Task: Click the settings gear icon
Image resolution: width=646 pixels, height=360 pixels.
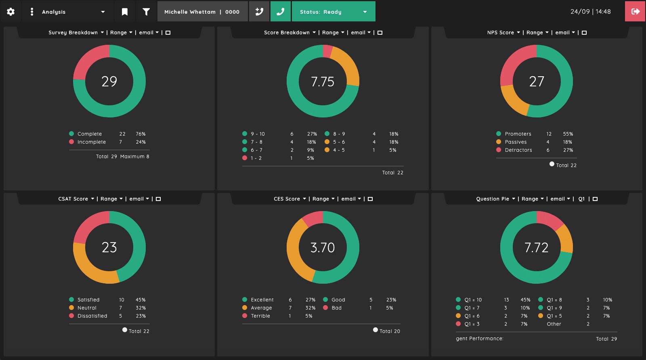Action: (10, 12)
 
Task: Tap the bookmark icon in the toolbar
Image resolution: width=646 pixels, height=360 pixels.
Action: (125, 12)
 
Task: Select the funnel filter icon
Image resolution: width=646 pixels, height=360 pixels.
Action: (146, 12)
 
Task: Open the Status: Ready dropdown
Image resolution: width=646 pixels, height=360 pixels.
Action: (333, 12)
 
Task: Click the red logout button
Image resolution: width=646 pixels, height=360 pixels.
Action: (635, 12)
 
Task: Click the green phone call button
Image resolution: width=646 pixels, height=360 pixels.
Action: (280, 12)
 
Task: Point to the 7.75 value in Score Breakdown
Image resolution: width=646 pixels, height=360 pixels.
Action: (323, 82)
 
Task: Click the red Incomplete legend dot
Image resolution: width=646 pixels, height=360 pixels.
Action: (71, 142)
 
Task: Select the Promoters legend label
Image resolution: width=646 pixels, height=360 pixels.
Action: (518, 134)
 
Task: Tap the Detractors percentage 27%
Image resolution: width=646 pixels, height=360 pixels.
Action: (568, 150)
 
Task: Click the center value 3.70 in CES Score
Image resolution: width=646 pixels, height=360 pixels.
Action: (323, 247)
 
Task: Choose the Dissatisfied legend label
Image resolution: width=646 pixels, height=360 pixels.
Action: (92, 316)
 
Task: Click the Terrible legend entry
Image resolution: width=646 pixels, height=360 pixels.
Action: (260, 316)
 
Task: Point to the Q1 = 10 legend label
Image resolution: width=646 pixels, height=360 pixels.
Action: (473, 300)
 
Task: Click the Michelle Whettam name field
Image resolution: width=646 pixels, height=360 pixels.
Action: (202, 12)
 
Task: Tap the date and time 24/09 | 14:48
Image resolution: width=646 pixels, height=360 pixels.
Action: (590, 12)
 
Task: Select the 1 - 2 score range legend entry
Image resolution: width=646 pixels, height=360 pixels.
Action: (256, 158)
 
